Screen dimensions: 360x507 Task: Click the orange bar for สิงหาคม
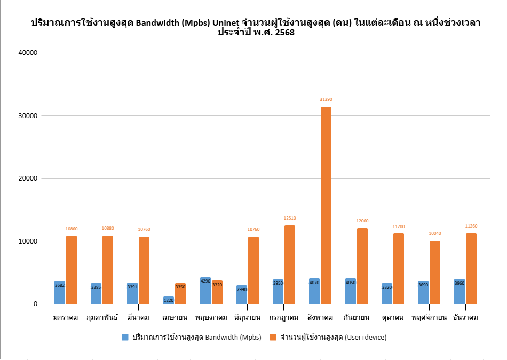pyautogui.click(x=326, y=206)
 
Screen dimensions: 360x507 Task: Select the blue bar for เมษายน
pyautogui.click(x=169, y=300)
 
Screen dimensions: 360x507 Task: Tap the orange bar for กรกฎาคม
pyautogui.click(x=289, y=265)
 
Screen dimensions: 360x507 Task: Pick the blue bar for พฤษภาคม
pyautogui.click(x=205, y=291)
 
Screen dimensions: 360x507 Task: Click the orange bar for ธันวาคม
pyautogui.click(x=471, y=269)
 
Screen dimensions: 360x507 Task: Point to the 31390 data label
pyautogui.click(x=326, y=99)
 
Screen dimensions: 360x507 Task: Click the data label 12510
pyautogui.click(x=289, y=218)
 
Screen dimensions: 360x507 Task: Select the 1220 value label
pyautogui.click(x=169, y=300)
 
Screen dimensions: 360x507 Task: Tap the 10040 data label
pyautogui.click(x=434, y=233)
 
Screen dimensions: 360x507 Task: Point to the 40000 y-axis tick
pyautogui.click(x=27, y=53)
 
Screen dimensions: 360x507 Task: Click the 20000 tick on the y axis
pyautogui.click(x=27, y=178)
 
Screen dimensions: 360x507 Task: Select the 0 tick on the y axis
pyautogui.click(x=36, y=304)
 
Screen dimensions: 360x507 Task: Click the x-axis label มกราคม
pyautogui.click(x=66, y=318)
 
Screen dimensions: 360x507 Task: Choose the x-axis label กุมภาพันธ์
pyautogui.click(x=102, y=318)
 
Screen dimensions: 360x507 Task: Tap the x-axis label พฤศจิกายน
pyautogui.click(x=429, y=318)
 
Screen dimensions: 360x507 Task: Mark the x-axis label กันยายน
pyautogui.click(x=357, y=318)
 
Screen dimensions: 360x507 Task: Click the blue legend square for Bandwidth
pyautogui.click(x=125, y=337)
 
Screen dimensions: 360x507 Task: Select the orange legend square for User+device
pyautogui.click(x=273, y=337)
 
